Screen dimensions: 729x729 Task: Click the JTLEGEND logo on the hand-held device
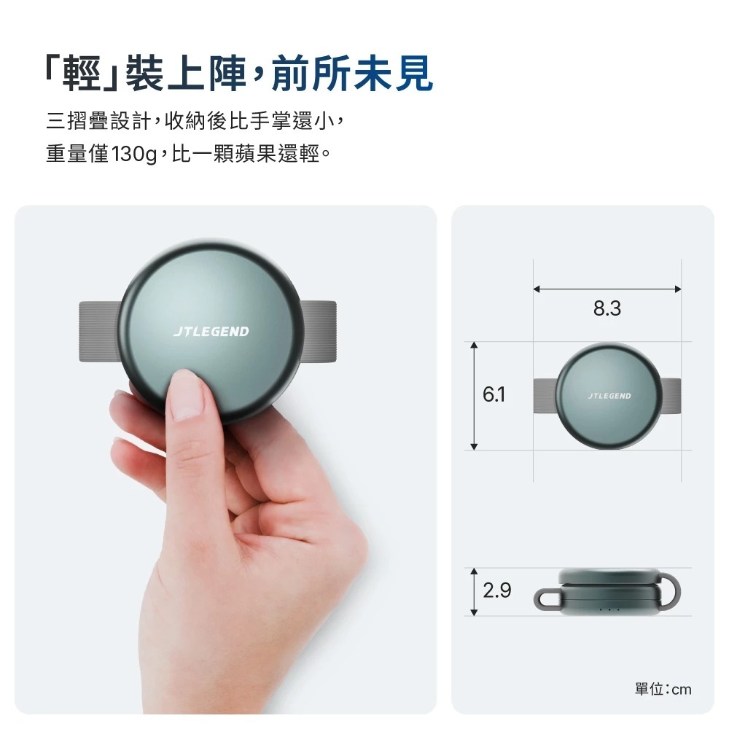click(x=211, y=332)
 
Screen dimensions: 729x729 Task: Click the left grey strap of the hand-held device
click(x=98, y=331)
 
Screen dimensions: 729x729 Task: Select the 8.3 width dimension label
click(x=607, y=309)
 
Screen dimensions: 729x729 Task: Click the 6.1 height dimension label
click(x=494, y=395)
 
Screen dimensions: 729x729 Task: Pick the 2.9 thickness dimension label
click(x=496, y=590)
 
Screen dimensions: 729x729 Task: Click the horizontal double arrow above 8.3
click(x=607, y=289)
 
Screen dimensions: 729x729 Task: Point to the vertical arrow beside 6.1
click(x=474, y=396)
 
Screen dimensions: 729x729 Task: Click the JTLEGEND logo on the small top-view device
click(x=609, y=396)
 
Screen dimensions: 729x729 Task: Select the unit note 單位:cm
click(x=663, y=689)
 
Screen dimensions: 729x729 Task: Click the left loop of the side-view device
click(x=547, y=599)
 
